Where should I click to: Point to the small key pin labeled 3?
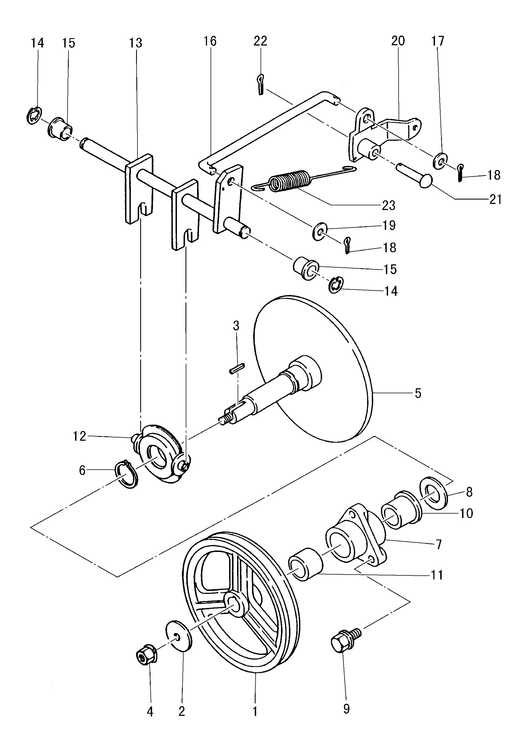(x=237, y=369)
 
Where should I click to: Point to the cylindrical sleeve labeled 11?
(x=306, y=564)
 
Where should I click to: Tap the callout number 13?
(x=136, y=43)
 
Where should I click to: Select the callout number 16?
(x=210, y=41)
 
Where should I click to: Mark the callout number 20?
(x=398, y=41)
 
